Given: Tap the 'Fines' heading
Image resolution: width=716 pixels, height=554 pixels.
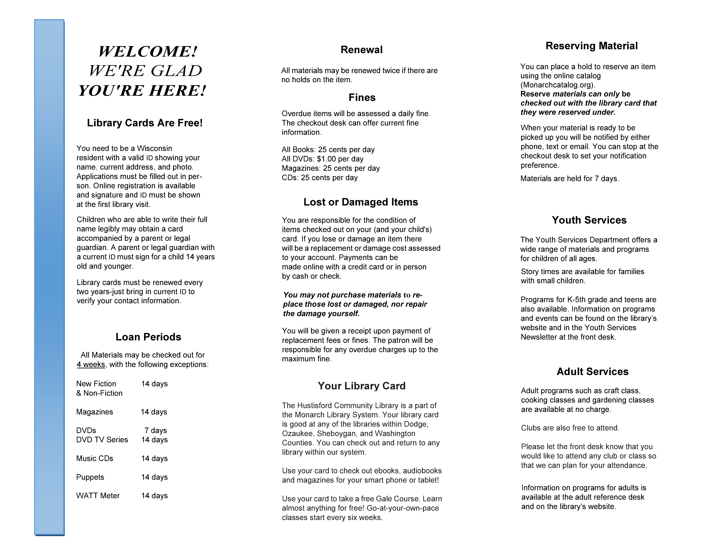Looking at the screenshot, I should pos(362,97).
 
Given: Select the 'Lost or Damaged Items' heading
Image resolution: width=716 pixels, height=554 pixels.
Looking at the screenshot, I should pos(361,202).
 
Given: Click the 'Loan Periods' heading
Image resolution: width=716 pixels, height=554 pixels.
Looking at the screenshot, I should pos(148,337).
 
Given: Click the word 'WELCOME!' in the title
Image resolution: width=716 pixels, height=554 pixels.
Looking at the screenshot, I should pos(148,51).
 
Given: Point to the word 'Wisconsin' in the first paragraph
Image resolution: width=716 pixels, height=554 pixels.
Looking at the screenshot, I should pos(154,148).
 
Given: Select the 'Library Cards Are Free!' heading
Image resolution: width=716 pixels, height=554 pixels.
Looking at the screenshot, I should pos(145,123).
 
